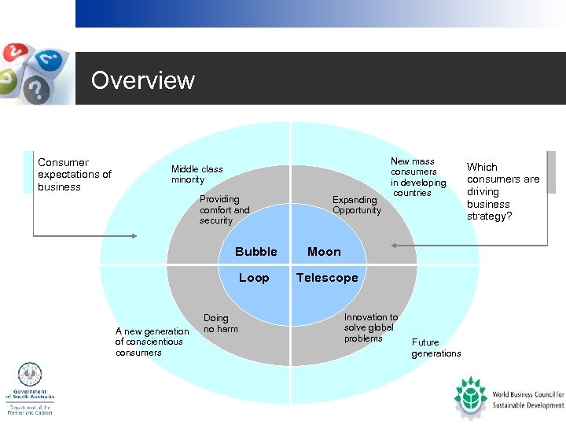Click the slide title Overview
tap(142, 80)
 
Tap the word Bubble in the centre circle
tap(255, 252)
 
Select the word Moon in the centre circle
tap(324, 252)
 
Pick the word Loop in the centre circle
tap(254, 278)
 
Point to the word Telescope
tap(327, 278)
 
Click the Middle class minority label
tap(197, 174)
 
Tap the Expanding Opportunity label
tap(356, 205)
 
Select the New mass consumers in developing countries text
tap(417, 177)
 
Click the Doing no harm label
tap(220, 323)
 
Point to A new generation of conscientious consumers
tap(152, 342)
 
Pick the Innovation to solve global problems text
tap(371, 327)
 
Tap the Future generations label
tap(436, 348)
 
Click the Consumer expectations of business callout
tap(75, 175)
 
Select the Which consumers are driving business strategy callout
tap(503, 191)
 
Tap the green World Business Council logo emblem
tap(471, 397)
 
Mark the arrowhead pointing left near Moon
tap(395, 246)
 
